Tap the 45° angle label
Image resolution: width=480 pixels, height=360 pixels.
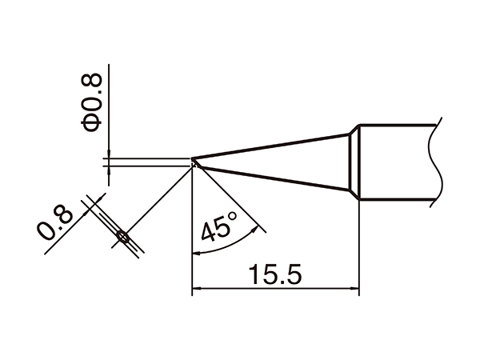[219, 227]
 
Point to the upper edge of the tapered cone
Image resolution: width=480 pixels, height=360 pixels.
[272, 145]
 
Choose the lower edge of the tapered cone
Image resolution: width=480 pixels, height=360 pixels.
[272, 178]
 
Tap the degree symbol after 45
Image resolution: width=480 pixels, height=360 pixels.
[233, 217]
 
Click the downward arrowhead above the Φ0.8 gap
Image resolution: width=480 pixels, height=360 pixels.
[106, 152]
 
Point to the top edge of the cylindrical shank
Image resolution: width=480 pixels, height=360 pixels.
[396, 124]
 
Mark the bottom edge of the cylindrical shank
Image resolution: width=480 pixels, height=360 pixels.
[396, 197]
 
